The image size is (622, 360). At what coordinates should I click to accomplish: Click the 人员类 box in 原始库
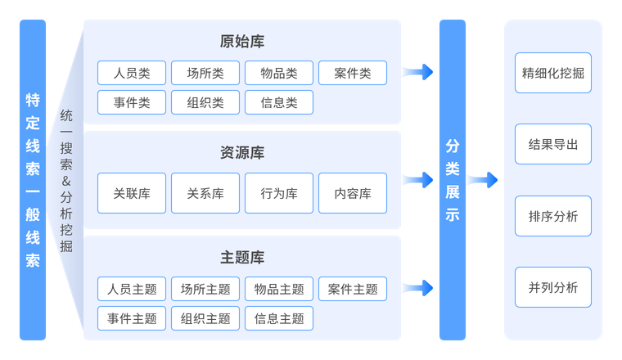(132, 73)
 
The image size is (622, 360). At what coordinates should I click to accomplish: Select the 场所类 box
(205, 73)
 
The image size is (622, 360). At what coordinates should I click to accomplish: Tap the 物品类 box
(279, 73)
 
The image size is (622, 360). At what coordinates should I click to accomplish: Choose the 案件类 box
(353, 73)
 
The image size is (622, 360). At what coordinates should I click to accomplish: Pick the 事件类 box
(132, 102)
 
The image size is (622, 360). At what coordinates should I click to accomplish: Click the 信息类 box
(279, 102)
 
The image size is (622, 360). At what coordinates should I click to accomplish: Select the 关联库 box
(132, 194)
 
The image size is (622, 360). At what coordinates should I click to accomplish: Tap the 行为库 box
(279, 194)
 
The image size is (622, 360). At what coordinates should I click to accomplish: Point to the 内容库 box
(353, 194)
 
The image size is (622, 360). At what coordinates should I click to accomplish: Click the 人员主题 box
(132, 289)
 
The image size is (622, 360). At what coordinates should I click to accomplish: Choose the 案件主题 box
(353, 289)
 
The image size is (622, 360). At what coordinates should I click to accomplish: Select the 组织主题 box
(205, 318)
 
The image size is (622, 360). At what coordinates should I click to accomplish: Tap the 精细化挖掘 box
(553, 73)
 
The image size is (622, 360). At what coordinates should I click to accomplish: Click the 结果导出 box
(553, 145)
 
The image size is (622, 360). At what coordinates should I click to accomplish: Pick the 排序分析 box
(553, 216)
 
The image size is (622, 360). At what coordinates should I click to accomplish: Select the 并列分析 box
(553, 287)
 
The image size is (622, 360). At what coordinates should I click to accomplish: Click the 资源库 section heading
(242, 152)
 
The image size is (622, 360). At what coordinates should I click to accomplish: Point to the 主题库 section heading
(242, 257)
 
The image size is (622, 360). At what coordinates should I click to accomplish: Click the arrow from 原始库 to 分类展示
(419, 72)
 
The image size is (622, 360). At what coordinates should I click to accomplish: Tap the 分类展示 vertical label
(453, 181)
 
